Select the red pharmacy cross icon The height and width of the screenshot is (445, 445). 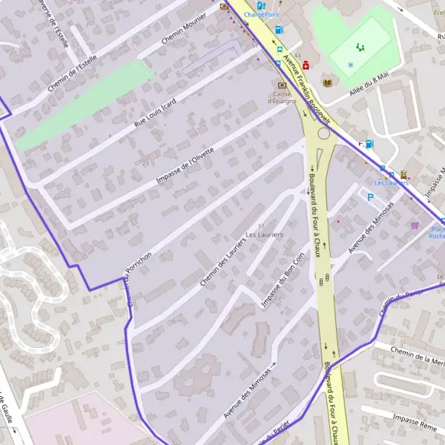coord(305,65)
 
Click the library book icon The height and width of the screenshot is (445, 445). coord(326,82)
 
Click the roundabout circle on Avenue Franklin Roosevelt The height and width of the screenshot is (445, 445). coord(323,134)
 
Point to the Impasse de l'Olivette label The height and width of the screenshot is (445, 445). coord(185,165)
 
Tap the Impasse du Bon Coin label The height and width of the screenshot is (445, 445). coord(283,279)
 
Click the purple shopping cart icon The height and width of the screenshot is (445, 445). coord(414,225)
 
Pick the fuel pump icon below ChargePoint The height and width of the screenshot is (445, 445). coord(279,30)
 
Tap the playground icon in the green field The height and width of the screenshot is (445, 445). coord(360,47)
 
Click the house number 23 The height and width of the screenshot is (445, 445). coord(147,162)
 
